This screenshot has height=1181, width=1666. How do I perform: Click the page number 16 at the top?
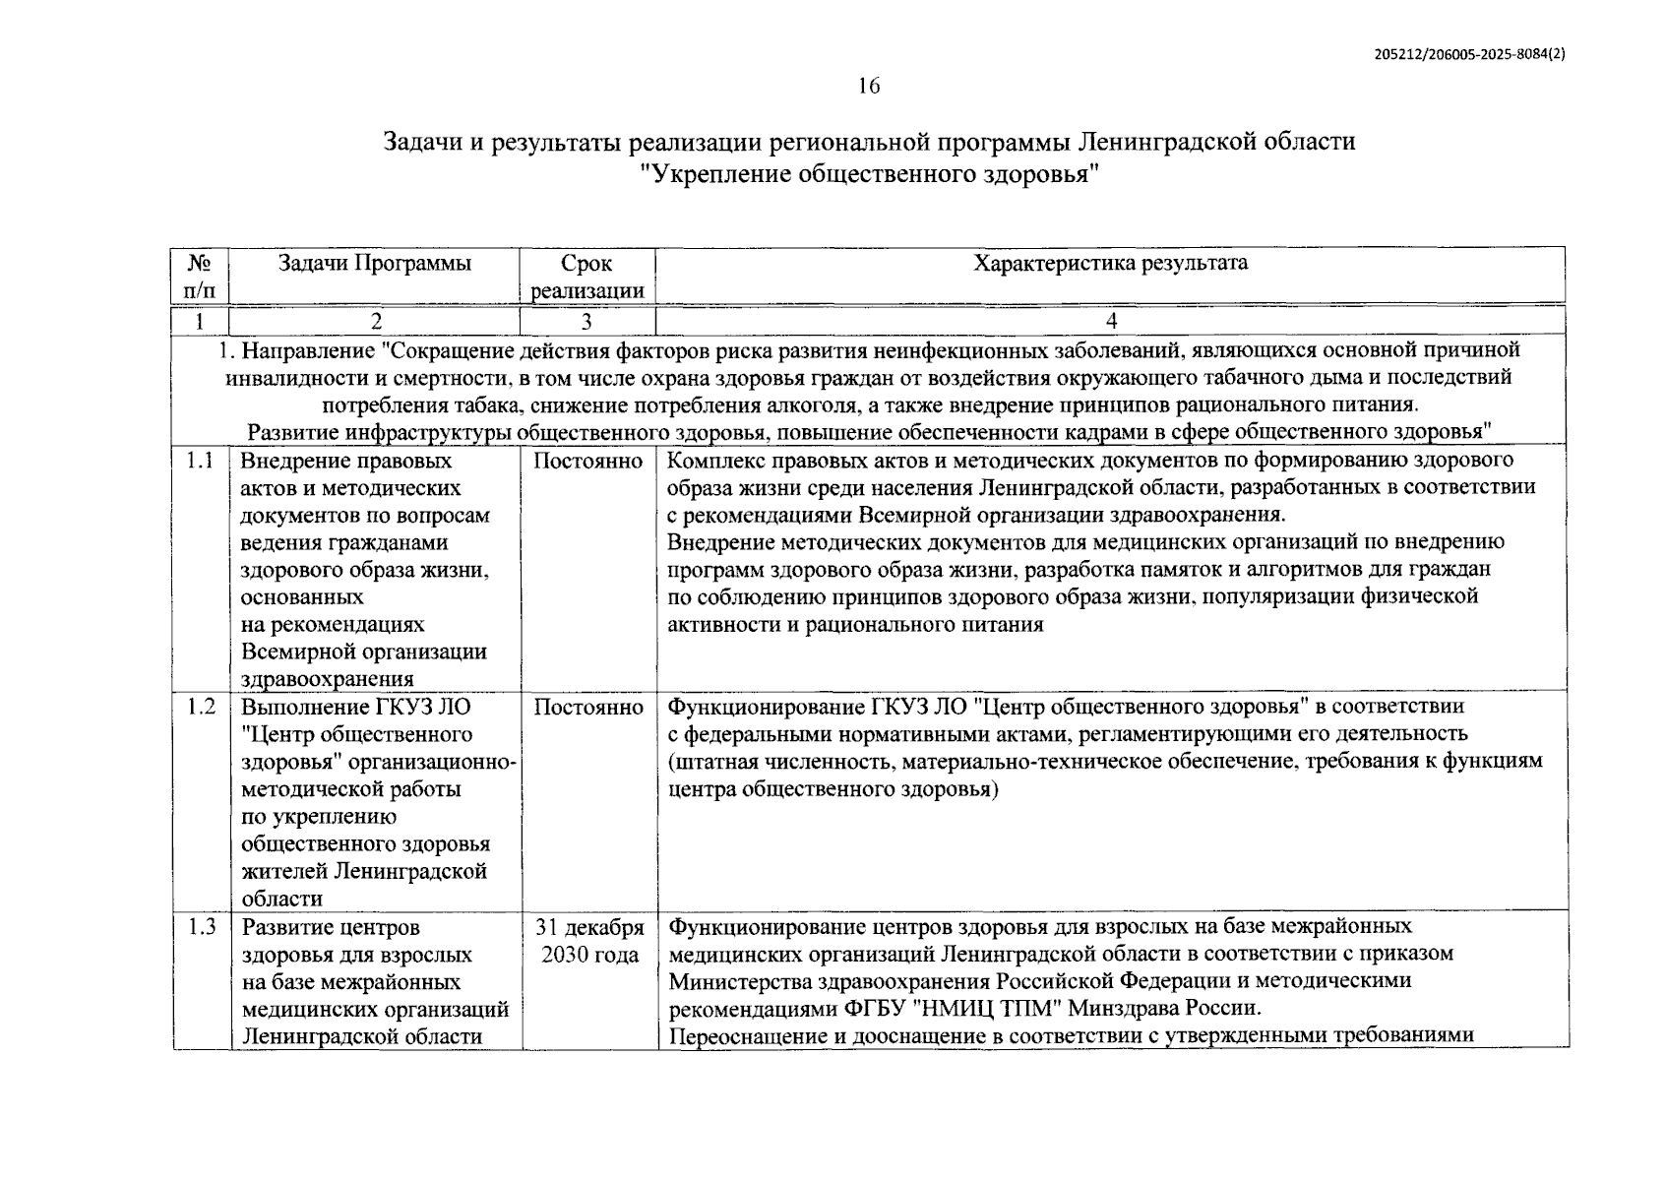[868, 86]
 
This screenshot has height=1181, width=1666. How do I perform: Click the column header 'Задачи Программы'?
[374, 264]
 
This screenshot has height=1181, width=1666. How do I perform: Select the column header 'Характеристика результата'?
[1110, 263]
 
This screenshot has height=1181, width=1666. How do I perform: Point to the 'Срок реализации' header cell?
[587, 277]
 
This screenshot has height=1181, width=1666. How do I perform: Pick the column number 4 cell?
[1111, 321]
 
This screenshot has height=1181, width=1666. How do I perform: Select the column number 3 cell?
[586, 321]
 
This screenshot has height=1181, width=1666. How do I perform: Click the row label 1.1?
[200, 461]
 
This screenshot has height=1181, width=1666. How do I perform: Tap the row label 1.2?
[201, 707]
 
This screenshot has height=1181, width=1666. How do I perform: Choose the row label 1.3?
[201, 927]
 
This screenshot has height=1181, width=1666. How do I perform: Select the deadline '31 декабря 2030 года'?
[588, 941]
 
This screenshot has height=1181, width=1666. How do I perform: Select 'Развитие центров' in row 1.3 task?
[331, 927]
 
